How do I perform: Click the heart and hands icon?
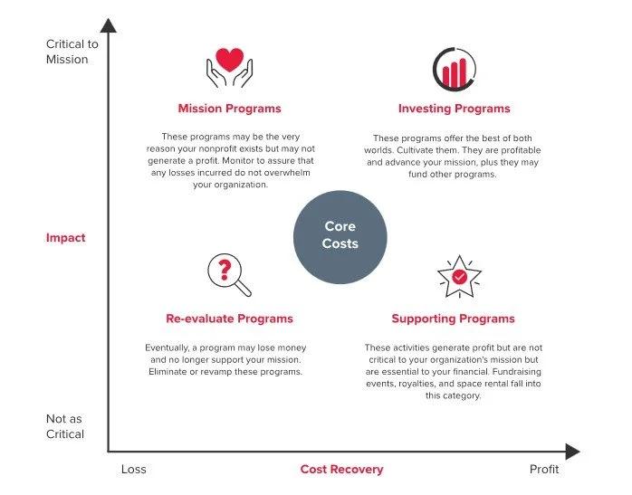tap(229, 68)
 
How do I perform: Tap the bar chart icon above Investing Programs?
tap(454, 68)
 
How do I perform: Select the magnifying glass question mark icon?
tap(229, 275)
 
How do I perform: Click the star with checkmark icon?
tap(459, 277)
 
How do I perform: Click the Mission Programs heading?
tap(229, 109)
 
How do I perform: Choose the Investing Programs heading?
tap(454, 109)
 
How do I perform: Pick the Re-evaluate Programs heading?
tap(229, 319)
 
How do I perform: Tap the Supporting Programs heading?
tap(453, 319)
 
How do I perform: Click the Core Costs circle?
tap(340, 235)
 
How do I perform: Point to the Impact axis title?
tap(66, 238)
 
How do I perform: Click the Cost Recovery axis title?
tap(341, 470)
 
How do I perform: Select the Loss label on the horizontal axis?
tap(133, 470)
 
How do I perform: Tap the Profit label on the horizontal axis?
tap(544, 470)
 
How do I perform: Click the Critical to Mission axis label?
tap(67, 52)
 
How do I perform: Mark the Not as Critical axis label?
tap(65, 426)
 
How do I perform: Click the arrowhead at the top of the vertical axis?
tap(109, 27)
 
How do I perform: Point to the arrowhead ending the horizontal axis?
tap(571, 451)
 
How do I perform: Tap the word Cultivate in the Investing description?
tap(418, 149)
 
